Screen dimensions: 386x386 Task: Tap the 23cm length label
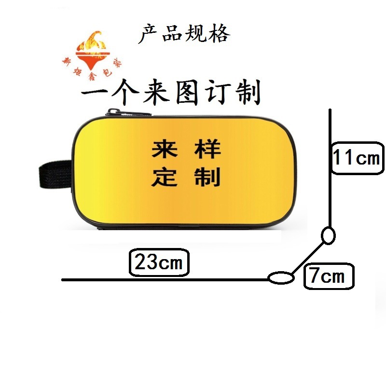tap(158, 263)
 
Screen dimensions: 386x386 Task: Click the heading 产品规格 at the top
tap(184, 34)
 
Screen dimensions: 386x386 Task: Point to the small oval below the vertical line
tap(328, 236)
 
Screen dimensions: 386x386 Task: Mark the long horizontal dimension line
tap(164, 279)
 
